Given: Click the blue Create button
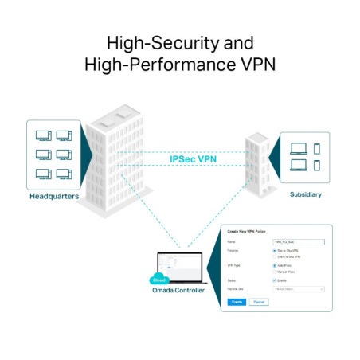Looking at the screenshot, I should pyautogui.click(x=236, y=302).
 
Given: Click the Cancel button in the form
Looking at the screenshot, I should pyautogui.click(x=259, y=302).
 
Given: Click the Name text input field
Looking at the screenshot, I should pyautogui.click(x=298, y=240).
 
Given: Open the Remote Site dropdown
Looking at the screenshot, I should pyautogui.click(x=298, y=289).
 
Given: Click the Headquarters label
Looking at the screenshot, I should pyautogui.click(x=54, y=196).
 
